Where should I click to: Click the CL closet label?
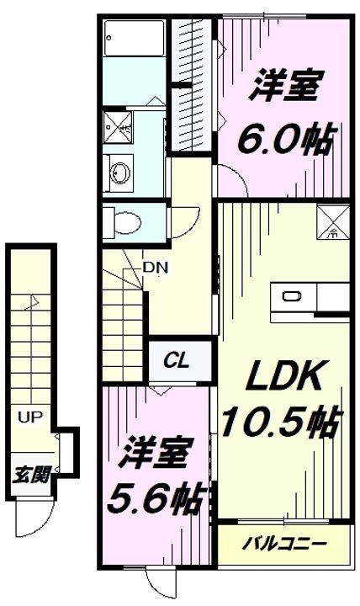(x=177, y=362)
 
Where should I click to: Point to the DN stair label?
(x=154, y=268)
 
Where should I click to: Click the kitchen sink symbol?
(x=292, y=296)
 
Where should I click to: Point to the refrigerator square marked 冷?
(x=331, y=221)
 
